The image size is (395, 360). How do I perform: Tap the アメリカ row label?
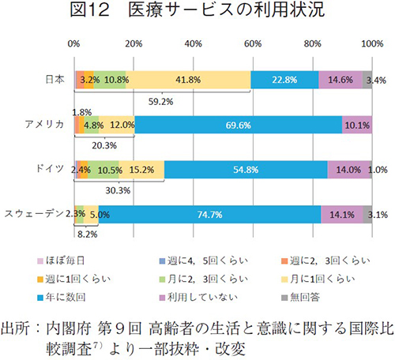(44, 124)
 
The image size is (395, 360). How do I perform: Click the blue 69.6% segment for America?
(238, 124)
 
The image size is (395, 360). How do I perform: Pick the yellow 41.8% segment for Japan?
(188, 79)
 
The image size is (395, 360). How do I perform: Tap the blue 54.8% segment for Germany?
(246, 168)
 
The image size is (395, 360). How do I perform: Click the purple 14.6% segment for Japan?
(340, 79)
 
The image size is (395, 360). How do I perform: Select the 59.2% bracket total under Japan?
(161, 101)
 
